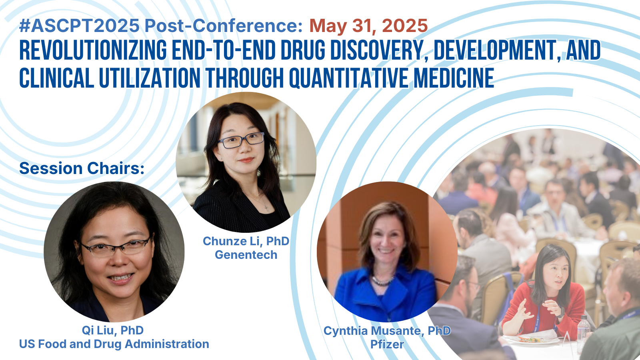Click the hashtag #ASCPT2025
(80, 26)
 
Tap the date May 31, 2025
(368, 26)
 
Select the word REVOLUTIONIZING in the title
(93, 50)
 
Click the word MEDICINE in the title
(454, 78)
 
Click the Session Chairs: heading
(82, 168)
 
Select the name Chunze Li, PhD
(246, 242)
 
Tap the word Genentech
(246, 255)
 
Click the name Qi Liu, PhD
(112, 330)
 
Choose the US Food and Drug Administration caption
(114, 344)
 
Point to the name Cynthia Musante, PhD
(387, 331)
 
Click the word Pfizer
(387, 344)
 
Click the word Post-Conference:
(224, 26)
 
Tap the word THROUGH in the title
(244, 78)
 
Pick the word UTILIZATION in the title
(150, 78)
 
